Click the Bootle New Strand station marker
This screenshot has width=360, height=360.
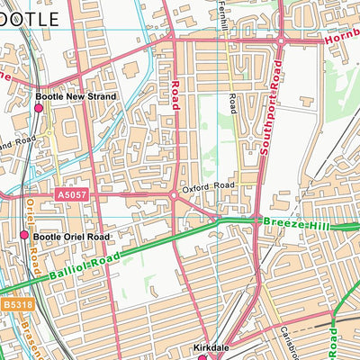39,108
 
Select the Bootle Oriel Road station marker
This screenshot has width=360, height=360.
24,235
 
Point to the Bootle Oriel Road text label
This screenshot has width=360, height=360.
71,237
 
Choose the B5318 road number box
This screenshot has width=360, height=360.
13,306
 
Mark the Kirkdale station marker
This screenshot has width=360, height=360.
202,356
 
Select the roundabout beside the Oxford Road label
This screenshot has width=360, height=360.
173,194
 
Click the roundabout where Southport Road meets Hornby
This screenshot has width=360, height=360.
281,40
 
